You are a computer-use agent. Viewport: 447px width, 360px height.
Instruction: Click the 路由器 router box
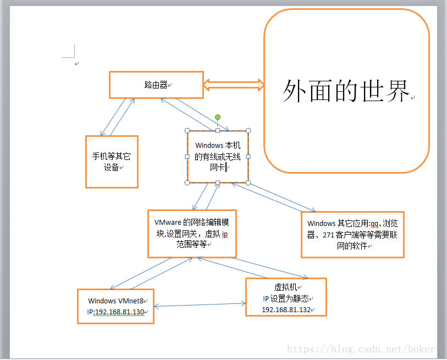[156, 85]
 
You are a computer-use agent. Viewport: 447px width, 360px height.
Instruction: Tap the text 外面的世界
[346, 91]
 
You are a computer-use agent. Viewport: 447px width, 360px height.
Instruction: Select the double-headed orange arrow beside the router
[234, 85]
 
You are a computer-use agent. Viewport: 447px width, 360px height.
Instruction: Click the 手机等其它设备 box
[112, 162]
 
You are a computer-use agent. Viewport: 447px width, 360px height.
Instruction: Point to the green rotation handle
[218, 117]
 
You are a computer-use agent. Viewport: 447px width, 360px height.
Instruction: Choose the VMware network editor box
[192, 234]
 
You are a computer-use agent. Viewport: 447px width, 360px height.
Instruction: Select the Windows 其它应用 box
[352, 235]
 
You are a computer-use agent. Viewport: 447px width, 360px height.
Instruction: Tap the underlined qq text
[374, 224]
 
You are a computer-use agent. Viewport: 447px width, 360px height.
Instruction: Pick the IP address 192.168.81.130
[119, 312]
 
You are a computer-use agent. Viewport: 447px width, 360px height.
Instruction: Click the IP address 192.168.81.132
[286, 310]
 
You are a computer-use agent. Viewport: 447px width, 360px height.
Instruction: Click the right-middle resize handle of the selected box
[248, 157]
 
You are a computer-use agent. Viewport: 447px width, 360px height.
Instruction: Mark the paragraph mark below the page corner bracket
[77, 64]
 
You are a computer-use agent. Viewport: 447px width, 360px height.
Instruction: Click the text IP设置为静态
[286, 298]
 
